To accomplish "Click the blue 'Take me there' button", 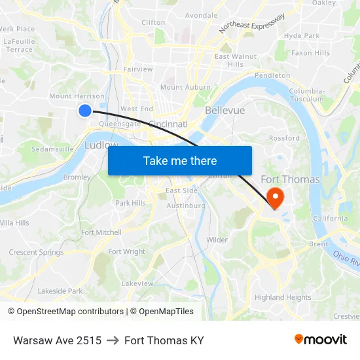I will (180, 160).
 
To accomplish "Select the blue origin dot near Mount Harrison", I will (84, 111).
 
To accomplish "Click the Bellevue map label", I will (225, 110).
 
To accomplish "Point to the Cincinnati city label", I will (168, 124).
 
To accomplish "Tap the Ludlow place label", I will (101, 145).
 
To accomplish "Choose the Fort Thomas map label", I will (290, 179).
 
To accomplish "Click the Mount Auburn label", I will (185, 87).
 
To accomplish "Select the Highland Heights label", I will (283, 297).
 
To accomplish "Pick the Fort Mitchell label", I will (101, 232).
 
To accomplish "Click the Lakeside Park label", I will (60, 291).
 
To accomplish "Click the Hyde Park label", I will (302, 35).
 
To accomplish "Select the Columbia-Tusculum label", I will (306, 95).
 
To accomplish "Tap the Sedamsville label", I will (52, 149).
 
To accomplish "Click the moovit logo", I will (320, 340).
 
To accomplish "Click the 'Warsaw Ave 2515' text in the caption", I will (57, 340).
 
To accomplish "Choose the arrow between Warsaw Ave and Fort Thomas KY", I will (113, 340).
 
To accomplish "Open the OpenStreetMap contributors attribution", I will (70, 312).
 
